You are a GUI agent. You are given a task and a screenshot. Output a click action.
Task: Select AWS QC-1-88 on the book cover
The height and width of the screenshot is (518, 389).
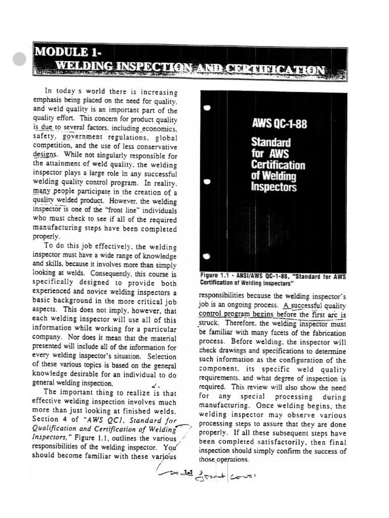279,124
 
